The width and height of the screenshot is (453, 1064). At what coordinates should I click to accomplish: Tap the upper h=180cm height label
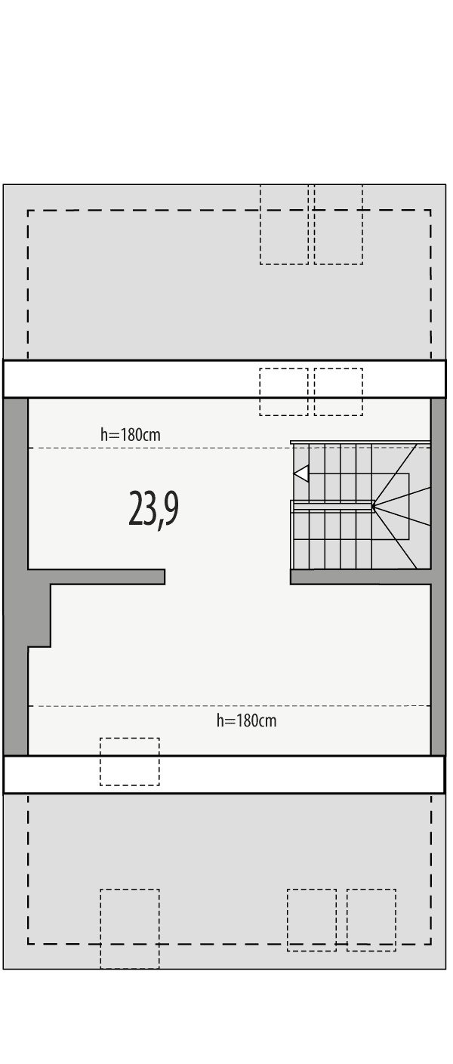coord(130,435)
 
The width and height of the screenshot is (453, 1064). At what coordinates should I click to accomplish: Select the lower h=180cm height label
coord(246,720)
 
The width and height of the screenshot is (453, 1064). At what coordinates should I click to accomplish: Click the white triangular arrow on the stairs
coord(301,473)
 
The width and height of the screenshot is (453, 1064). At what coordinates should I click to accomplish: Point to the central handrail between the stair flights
coord(333,505)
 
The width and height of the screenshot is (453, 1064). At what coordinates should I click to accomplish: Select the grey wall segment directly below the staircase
coord(360,577)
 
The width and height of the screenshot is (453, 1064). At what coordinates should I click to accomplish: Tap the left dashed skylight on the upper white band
coord(283,391)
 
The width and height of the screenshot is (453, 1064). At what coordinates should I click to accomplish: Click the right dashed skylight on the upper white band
coord(338,391)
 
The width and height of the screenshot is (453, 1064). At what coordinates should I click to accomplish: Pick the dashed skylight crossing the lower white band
coord(130,761)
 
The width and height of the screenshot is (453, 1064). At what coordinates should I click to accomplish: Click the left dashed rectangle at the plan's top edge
coord(284,224)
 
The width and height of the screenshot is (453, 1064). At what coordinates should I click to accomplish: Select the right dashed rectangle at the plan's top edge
coord(338,224)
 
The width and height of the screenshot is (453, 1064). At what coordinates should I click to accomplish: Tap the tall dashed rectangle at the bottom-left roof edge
coord(130,928)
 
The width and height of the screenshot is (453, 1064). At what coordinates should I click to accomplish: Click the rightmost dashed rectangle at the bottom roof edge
coord(371,919)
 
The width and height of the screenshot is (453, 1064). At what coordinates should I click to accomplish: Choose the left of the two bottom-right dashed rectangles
coord(311,919)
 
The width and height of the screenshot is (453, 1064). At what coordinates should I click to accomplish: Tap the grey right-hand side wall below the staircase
coord(438,665)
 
